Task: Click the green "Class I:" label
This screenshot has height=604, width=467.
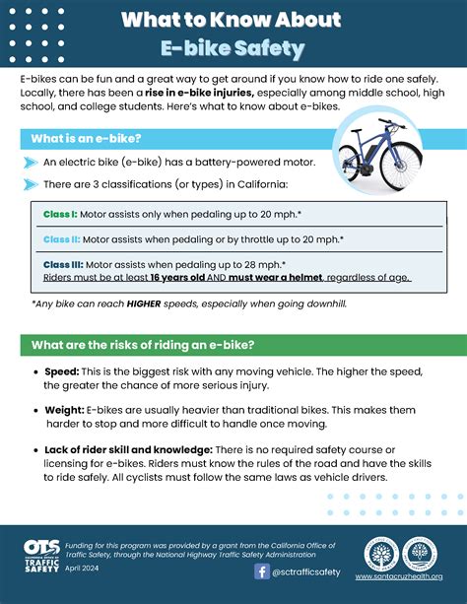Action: (61, 213)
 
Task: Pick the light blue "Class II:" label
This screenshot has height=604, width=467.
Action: (61, 238)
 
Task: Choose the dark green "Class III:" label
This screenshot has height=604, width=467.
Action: (64, 264)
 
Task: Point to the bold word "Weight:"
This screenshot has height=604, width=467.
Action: (64, 408)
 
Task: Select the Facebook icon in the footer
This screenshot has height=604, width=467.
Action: (261, 571)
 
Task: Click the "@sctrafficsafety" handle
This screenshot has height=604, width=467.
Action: (307, 572)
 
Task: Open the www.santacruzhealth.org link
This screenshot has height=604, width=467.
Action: (399, 577)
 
